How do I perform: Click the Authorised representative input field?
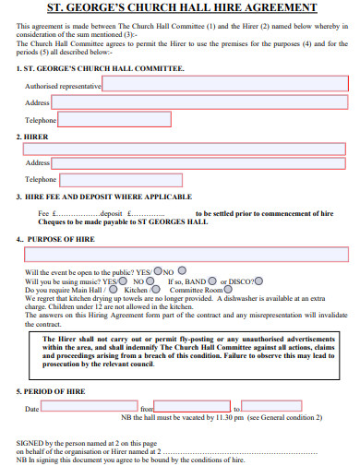(x=225, y=85)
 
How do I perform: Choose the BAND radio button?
(x=213, y=281)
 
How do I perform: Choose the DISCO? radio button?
(x=258, y=281)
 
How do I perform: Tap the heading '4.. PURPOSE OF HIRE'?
(x=57, y=239)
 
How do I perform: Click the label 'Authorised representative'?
(x=63, y=85)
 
